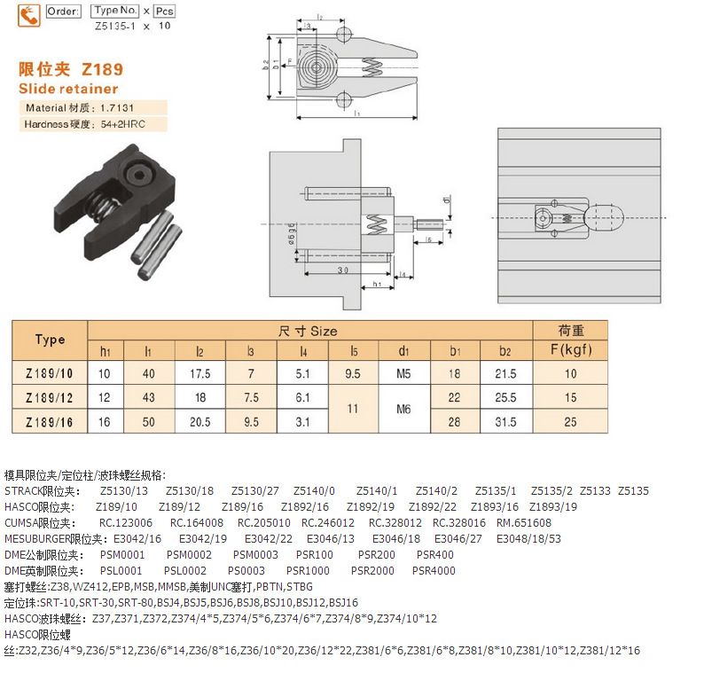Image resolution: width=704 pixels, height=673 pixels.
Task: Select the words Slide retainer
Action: tap(67, 89)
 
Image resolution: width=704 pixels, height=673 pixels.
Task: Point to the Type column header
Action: tap(50, 340)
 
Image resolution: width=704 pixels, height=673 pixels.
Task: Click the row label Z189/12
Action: tap(50, 398)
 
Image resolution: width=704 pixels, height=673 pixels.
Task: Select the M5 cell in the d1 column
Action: tap(404, 374)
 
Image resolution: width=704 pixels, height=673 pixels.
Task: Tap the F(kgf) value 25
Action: tap(571, 422)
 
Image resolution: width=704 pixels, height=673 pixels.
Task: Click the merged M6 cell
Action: tap(404, 410)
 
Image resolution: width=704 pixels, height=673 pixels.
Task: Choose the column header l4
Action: tap(302, 350)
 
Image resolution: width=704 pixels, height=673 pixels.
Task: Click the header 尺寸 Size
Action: tap(309, 331)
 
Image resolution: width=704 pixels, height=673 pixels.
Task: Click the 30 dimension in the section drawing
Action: tap(342, 270)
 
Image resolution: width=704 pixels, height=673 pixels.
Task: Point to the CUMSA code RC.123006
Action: tap(125, 522)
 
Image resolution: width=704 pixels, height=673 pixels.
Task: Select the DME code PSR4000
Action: tap(434, 570)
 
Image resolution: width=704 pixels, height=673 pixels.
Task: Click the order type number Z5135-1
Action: tap(113, 26)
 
